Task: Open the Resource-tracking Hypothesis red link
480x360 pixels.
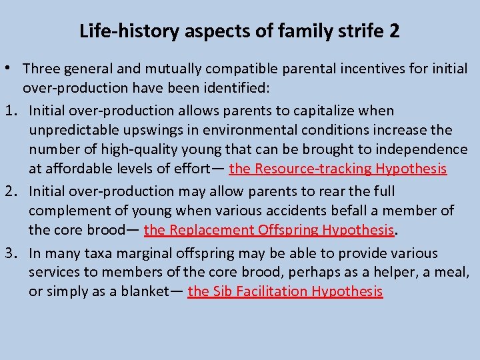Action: tap(337, 169)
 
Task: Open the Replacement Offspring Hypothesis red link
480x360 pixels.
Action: tap(269, 230)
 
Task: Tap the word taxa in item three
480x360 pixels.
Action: tap(101, 253)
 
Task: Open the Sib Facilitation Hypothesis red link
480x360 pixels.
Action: tap(285, 291)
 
